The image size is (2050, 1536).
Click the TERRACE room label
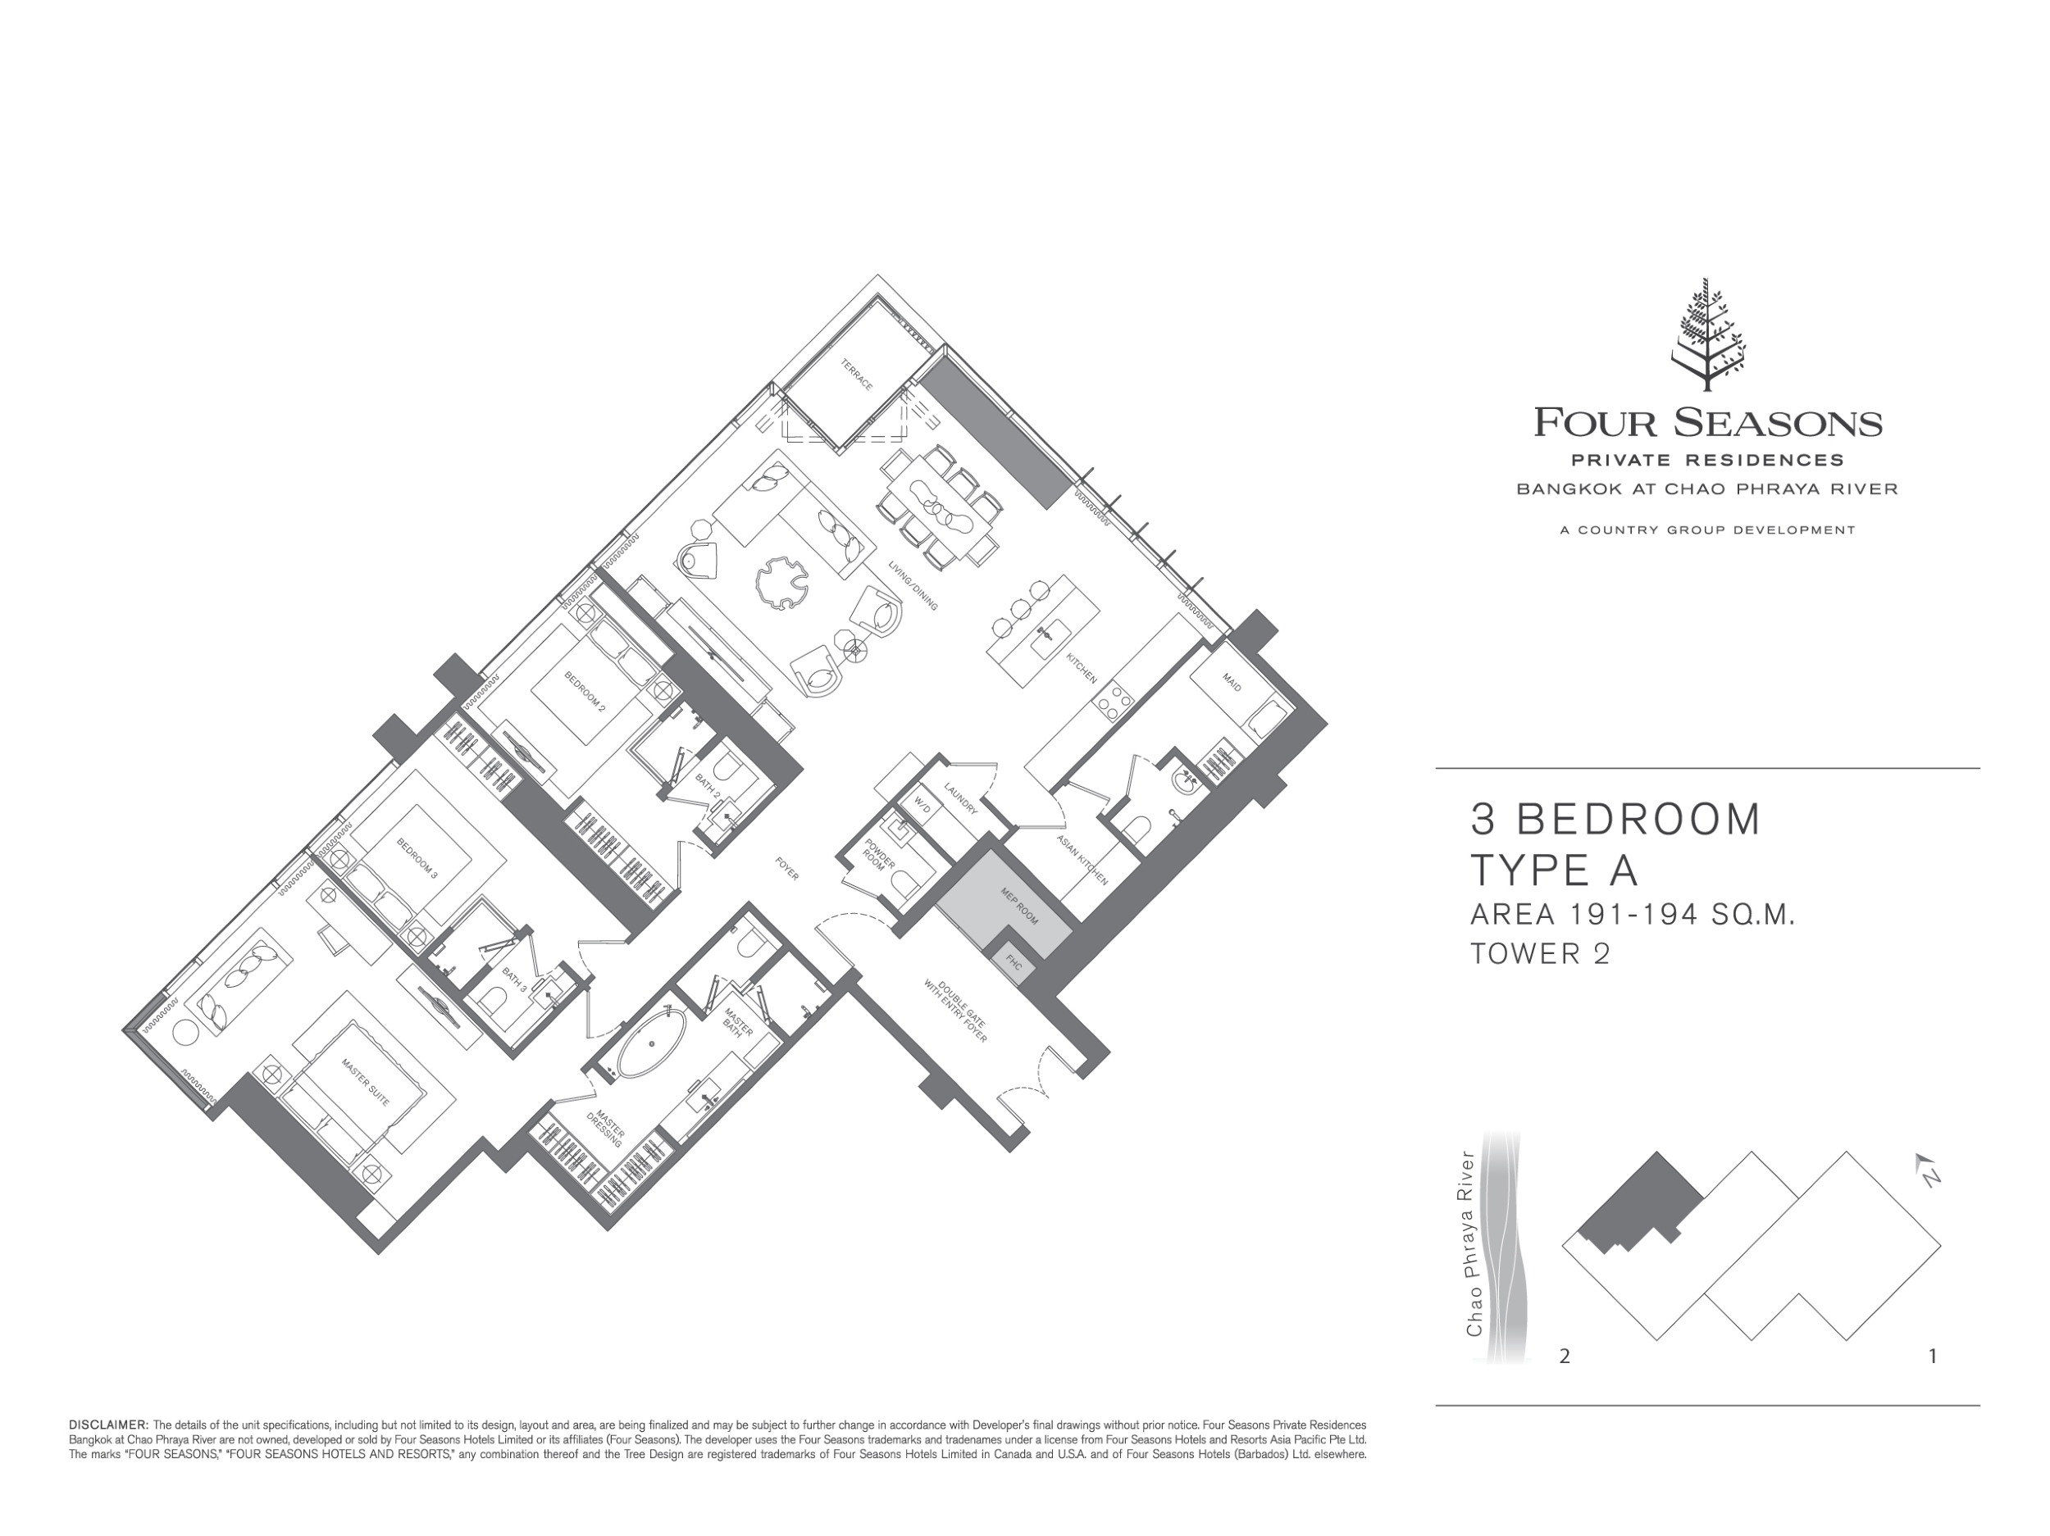857,374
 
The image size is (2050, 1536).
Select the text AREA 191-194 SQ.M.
1633,916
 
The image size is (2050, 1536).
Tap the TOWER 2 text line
1540,954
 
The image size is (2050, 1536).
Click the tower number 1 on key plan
1932,1356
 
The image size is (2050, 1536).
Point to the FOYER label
787,869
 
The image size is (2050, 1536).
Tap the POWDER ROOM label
877,854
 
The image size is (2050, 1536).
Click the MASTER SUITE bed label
365,1082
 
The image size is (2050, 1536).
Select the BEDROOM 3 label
417,858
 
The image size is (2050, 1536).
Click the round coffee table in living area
782,583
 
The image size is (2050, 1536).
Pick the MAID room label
1232,682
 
